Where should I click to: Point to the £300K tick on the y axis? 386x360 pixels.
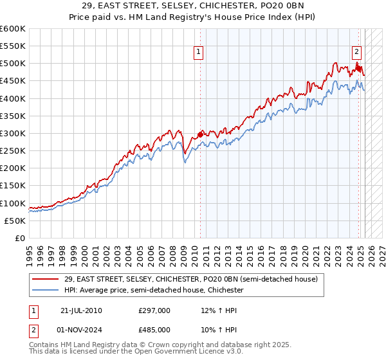tap(14, 133)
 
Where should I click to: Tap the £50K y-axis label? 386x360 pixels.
tap(16, 221)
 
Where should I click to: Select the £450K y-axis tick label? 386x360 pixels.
tap(14, 81)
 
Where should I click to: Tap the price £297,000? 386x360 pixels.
tap(154, 310)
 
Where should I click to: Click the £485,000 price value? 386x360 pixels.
tap(154, 328)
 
